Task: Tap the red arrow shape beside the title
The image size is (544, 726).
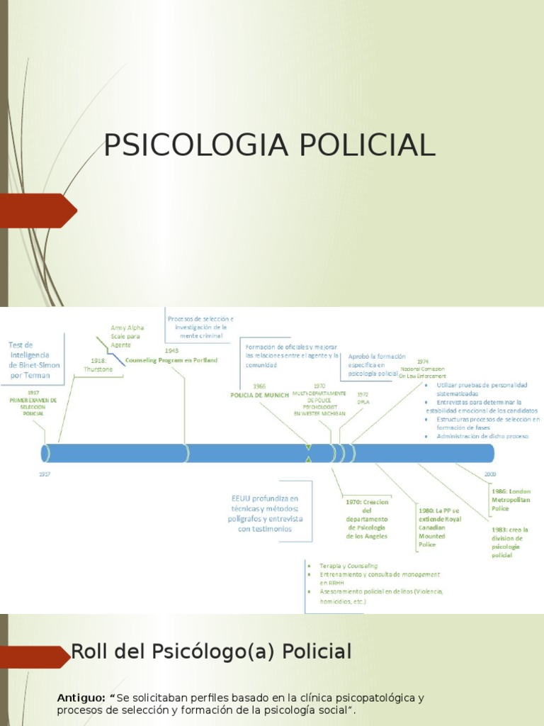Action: (39, 211)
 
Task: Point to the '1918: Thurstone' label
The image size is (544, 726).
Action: (98, 364)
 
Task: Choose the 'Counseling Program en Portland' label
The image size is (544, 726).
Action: (171, 360)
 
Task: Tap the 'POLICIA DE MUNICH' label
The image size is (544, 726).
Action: (260, 395)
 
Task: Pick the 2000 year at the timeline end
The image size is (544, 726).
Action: (490, 473)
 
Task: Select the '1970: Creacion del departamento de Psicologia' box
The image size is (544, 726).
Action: (367, 519)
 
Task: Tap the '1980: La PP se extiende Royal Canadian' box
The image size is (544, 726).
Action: (439, 527)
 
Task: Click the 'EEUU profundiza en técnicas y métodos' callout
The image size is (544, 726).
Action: (265, 513)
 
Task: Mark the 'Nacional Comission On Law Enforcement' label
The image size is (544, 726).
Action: (423, 372)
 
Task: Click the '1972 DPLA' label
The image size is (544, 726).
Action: (363, 398)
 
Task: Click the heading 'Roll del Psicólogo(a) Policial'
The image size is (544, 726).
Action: (212, 652)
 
